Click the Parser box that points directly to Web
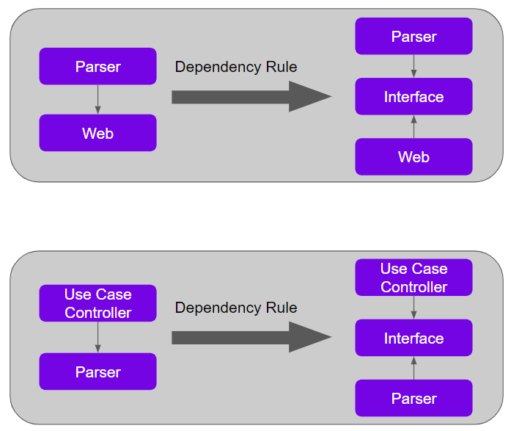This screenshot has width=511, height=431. click(x=98, y=66)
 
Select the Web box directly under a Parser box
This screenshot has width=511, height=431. click(x=98, y=133)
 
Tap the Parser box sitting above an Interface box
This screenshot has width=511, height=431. click(x=413, y=37)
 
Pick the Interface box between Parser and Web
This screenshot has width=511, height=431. click(x=413, y=97)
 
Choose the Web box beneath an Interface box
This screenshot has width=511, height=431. click(x=413, y=156)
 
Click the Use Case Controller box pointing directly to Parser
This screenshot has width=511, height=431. click(x=98, y=303)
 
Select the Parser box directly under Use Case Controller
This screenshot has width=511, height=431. click(x=98, y=372)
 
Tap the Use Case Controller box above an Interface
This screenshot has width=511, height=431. click(x=413, y=278)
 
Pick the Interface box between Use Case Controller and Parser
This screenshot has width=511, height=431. click(x=413, y=338)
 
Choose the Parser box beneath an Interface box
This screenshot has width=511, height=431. click(x=413, y=398)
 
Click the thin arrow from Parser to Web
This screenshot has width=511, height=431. click(x=98, y=99)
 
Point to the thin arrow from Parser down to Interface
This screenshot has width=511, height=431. click(x=413, y=66)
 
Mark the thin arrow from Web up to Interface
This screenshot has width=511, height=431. click(x=413, y=127)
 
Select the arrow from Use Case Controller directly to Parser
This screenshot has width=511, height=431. click(x=98, y=337)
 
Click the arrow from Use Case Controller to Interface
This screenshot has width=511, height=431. click(x=413, y=308)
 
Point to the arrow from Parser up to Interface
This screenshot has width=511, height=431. click(x=413, y=368)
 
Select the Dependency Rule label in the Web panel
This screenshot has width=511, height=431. click(x=236, y=67)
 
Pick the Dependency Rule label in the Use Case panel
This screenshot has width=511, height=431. click(x=236, y=308)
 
